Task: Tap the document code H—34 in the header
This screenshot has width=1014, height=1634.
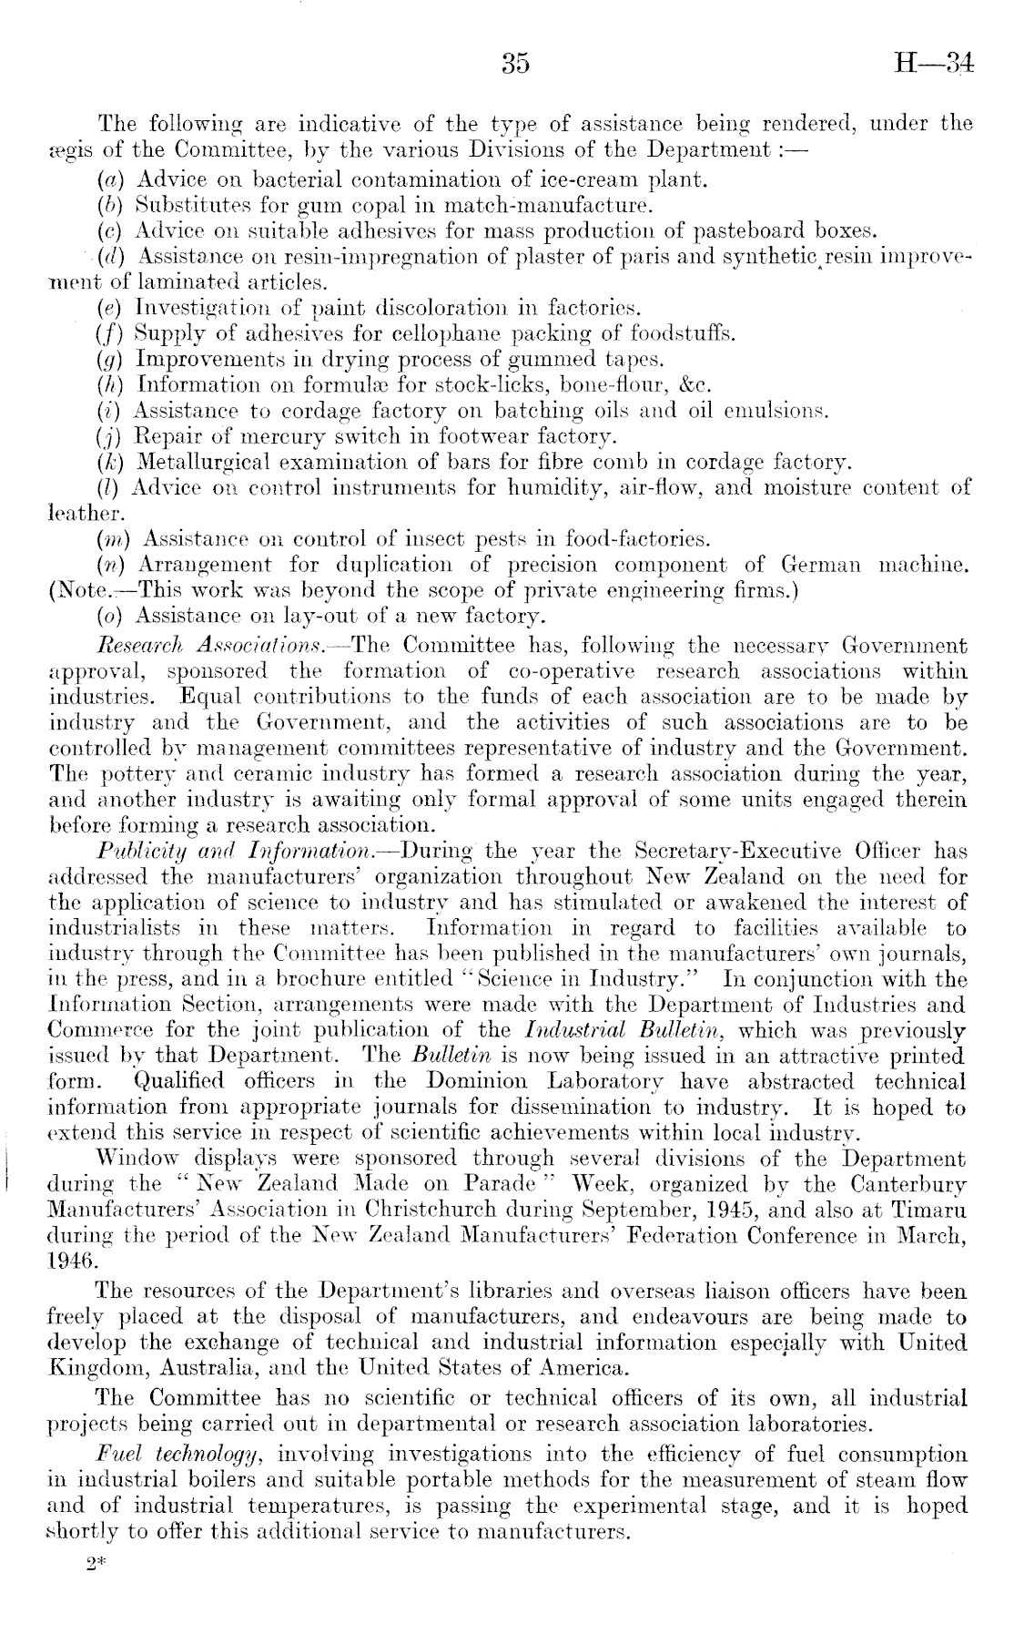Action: point(934,65)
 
